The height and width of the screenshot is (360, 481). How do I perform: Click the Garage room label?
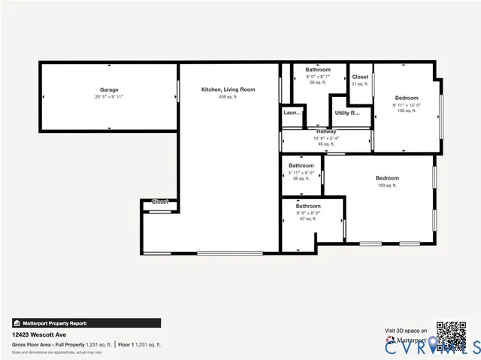click(109, 89)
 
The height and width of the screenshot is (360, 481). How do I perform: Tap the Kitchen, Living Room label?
click(228, 89)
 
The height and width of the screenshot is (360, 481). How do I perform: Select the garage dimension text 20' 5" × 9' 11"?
click(109, 97)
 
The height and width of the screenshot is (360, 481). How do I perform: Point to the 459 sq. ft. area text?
click(228, 97)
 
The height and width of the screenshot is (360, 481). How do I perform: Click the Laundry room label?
click(292, 113)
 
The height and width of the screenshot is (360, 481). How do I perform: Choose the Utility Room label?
click(347, 113)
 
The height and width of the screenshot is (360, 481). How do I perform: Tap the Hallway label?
click(326, 132)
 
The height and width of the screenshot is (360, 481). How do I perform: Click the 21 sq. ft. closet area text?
click(360, 84)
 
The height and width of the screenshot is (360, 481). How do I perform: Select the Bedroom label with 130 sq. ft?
click(407, 97)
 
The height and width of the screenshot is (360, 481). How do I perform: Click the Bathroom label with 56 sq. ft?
click(318, 70)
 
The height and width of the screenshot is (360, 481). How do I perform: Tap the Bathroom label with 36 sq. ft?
click(301, 165)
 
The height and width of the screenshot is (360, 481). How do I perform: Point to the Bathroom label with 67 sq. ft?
click(308, 206)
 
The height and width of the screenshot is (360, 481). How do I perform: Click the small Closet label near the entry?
click(160, 201)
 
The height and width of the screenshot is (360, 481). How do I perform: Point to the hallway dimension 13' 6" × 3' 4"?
click(326, 138)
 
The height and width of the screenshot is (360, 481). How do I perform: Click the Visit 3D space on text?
click(406, 330)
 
